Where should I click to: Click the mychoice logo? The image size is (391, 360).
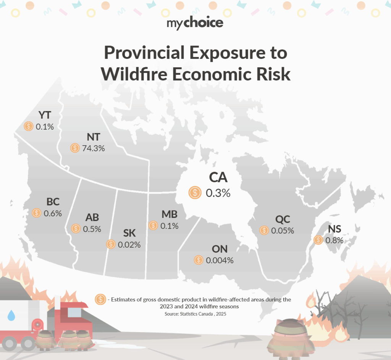195,23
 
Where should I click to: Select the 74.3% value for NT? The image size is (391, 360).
93,148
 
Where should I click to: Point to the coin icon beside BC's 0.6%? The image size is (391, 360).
37,213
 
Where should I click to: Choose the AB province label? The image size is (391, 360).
92,217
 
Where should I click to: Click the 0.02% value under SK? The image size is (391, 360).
129,244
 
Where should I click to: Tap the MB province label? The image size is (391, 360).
169,214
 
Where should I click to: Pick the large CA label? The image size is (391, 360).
218,177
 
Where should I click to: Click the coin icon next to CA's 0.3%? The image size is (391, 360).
195,193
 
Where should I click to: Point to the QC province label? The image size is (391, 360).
283,219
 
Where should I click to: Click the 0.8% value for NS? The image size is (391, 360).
334,240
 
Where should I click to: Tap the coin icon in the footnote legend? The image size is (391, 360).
101,299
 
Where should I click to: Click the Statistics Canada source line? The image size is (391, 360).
195,314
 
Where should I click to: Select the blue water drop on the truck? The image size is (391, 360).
11,316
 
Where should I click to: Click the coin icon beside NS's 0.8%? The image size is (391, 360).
318,240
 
